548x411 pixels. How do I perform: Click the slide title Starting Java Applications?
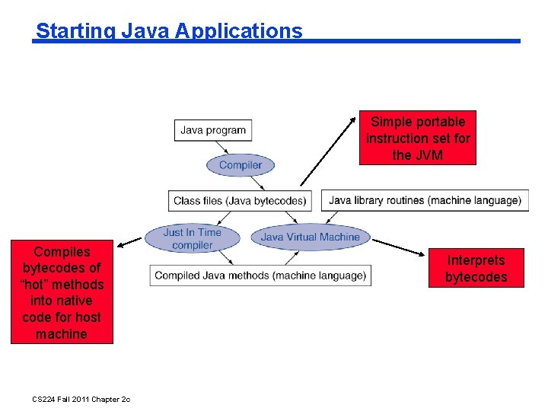(x=169, y=31)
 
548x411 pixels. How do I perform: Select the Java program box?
(x=213, y=130)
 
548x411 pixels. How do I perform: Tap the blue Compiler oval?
(x=240, y=165)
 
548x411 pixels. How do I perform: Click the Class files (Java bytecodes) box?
(x=240, y=201)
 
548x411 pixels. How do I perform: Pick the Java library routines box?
(x=425, y=201)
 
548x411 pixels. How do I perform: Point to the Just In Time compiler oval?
(x=193, y=238)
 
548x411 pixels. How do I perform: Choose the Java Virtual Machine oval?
(x=310, y=237)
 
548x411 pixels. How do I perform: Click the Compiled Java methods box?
(x=260, y=276)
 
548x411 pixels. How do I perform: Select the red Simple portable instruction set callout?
(x=418, y=138)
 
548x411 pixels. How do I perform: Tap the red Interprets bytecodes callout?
(x=476, y=269)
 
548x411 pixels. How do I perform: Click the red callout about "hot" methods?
(x=62, y=292)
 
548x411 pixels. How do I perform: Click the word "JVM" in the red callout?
(x=431, y=155)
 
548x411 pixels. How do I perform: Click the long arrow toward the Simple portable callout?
(x=330, y=149)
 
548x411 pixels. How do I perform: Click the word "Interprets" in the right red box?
(x=476, y=260)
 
